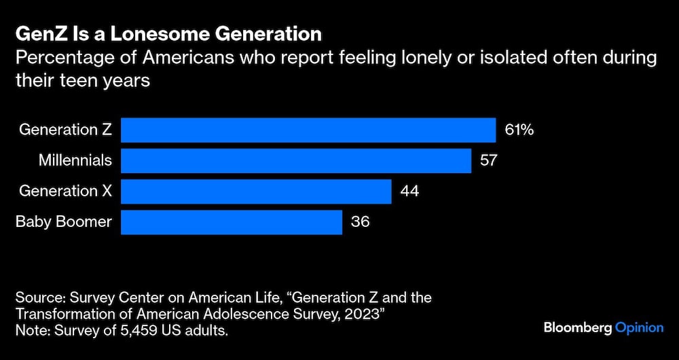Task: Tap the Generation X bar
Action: point(256,192)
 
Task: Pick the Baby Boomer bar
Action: point(231,222)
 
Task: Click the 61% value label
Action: point(519,129)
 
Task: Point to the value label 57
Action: point(490,161)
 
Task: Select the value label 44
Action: point(409,192)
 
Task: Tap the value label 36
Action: point(360,222)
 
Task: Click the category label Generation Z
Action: point(65,129)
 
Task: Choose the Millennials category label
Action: point(75,161)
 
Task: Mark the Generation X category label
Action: point(65,192)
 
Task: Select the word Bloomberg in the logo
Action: point(577,328)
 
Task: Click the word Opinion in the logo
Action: point(639,328)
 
